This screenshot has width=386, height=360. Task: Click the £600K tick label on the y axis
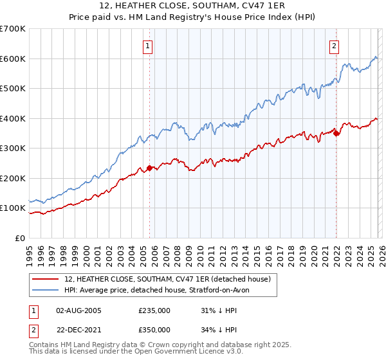tap(13, 59)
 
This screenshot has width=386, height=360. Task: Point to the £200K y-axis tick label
tap(13, 178)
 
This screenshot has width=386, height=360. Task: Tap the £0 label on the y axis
tap(20, 238)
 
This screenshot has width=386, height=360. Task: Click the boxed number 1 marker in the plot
tap(149, 46)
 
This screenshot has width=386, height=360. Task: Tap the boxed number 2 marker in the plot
tap(335, 46)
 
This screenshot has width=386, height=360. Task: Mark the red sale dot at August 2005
tap(149, 168)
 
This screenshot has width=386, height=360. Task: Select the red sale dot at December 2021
tap(336, 134)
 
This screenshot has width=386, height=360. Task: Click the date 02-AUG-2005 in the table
tap(78, 310)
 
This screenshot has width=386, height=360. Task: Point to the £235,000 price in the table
tap(154, 310)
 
